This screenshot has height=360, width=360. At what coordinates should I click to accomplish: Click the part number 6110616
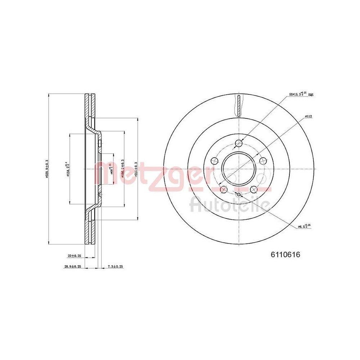pos(285,255)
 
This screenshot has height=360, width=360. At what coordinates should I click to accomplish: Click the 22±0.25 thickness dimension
pos(74,256)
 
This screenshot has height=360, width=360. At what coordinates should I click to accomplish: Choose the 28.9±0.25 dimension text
pos(72,266)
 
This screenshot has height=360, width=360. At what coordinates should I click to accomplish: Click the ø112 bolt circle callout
pos(308,116)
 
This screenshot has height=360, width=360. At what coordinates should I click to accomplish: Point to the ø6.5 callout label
pos(304,226)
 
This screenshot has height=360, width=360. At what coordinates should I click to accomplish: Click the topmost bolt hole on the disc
pos(238,144)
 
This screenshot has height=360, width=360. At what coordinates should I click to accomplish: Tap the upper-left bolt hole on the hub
pos(215,161)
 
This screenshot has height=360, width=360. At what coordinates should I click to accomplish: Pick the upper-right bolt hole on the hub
pos(262,161)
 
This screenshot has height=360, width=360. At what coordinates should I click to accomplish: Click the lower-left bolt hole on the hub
pos(224,189)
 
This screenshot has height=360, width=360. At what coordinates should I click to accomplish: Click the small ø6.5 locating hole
pos(238,195)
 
